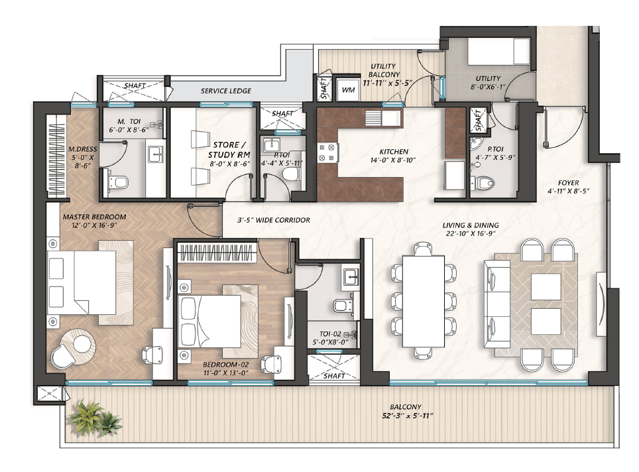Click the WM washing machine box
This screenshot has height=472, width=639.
(x=347, y=90)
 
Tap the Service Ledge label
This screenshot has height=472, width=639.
(x=226, y=91)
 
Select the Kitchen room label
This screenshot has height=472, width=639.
(x=394, y=152)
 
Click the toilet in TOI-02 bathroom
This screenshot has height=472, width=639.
(x=342, y=306)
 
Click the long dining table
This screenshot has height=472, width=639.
(x=423, y=301)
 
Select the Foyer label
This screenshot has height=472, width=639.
(x=569, y=183)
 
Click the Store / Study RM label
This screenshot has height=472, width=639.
(x=229, y=150)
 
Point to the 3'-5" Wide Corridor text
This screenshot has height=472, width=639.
(x=274, y=220)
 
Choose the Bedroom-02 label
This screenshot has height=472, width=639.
(x=225, y=365)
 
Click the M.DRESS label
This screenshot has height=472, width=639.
(x=83, y=149)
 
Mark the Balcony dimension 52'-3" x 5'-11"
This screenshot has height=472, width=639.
(x=405, y=416)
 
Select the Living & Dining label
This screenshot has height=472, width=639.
(x=471, y=225)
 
